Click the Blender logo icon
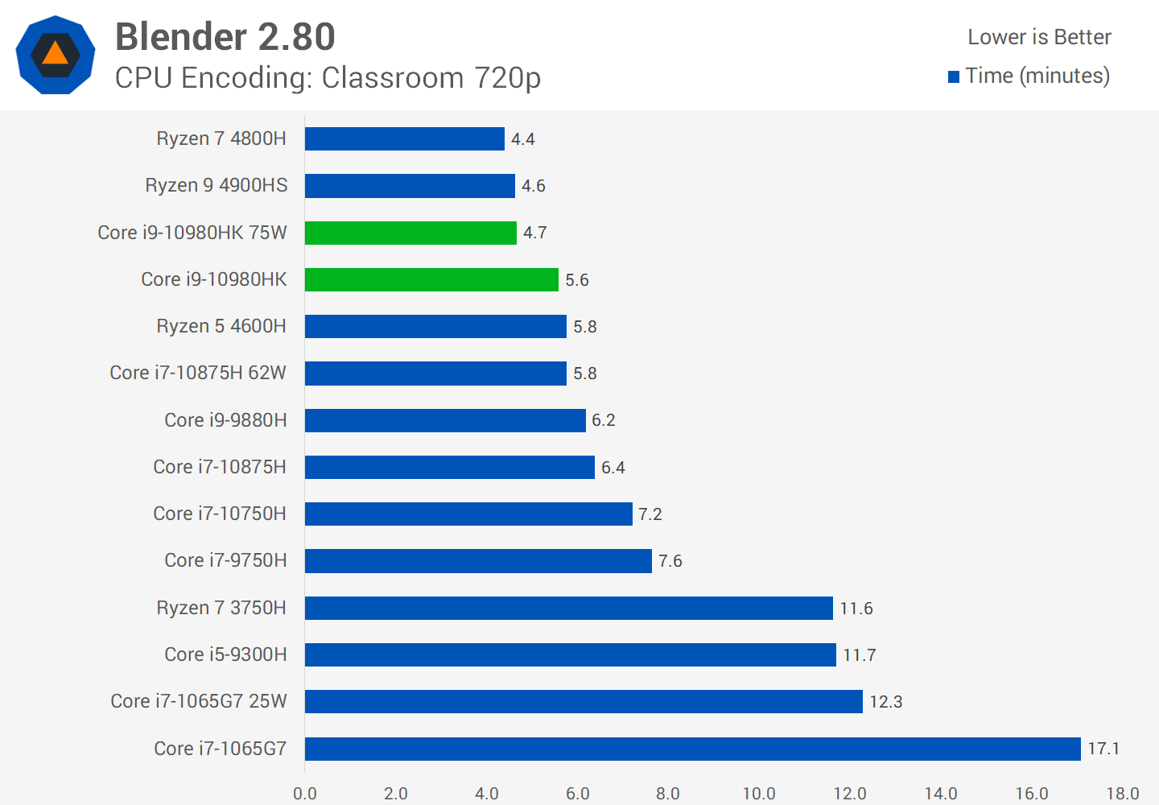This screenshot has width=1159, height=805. click(x=56, y=55)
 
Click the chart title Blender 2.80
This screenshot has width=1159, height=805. click(x=225, y=37)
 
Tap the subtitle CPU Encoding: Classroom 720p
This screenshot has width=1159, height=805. click(x=328, y=78)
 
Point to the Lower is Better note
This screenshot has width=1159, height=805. click(x=1039, y=37)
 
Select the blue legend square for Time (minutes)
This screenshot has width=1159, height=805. click(x=954, y=77)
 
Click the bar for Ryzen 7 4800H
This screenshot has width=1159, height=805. click(x=405, y=139)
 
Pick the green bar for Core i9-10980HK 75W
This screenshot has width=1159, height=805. click(x=410, y=233)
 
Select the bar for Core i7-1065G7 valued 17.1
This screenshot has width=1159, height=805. click(x=692, y=749)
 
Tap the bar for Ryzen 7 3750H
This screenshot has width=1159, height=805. click(x=568, y=608)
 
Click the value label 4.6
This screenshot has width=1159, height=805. click(x=534, y=186)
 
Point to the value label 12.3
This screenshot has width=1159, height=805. click(x=886, y=702)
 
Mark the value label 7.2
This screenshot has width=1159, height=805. click(x=650, y=514)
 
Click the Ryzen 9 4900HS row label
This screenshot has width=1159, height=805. click(x=217, y=185)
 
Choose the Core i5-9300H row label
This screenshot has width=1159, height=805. click(x=225, y=654)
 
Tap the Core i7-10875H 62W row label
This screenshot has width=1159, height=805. click(x=198, y=373)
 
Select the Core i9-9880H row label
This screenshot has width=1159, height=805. click(x=225, y=420)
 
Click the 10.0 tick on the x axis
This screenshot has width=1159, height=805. click(x=759, y=794)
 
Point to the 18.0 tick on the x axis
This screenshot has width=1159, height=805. click(x=1123, y=794)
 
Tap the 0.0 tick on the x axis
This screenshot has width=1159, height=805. click(x=305, y=794)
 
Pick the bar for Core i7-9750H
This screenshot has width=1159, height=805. click(x=478, y=561)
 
